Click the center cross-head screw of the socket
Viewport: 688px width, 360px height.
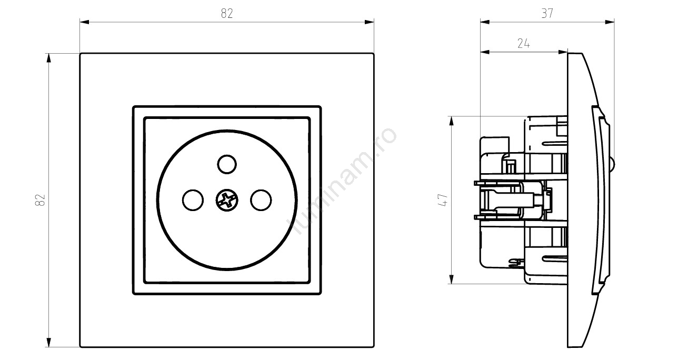[227, 200]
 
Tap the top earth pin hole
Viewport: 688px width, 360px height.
[227, 164]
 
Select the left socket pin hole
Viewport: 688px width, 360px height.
[193, 200]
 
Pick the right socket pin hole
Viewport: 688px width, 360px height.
[261, 200]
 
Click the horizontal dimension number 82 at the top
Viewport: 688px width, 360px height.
[227, 14]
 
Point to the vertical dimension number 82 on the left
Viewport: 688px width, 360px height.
[41, 200]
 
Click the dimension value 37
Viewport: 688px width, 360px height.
[547, 14]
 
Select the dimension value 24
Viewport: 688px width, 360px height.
[523, 44]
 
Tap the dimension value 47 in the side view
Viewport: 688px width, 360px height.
[443, 200]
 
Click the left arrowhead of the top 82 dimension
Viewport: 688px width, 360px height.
[84, 22]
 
